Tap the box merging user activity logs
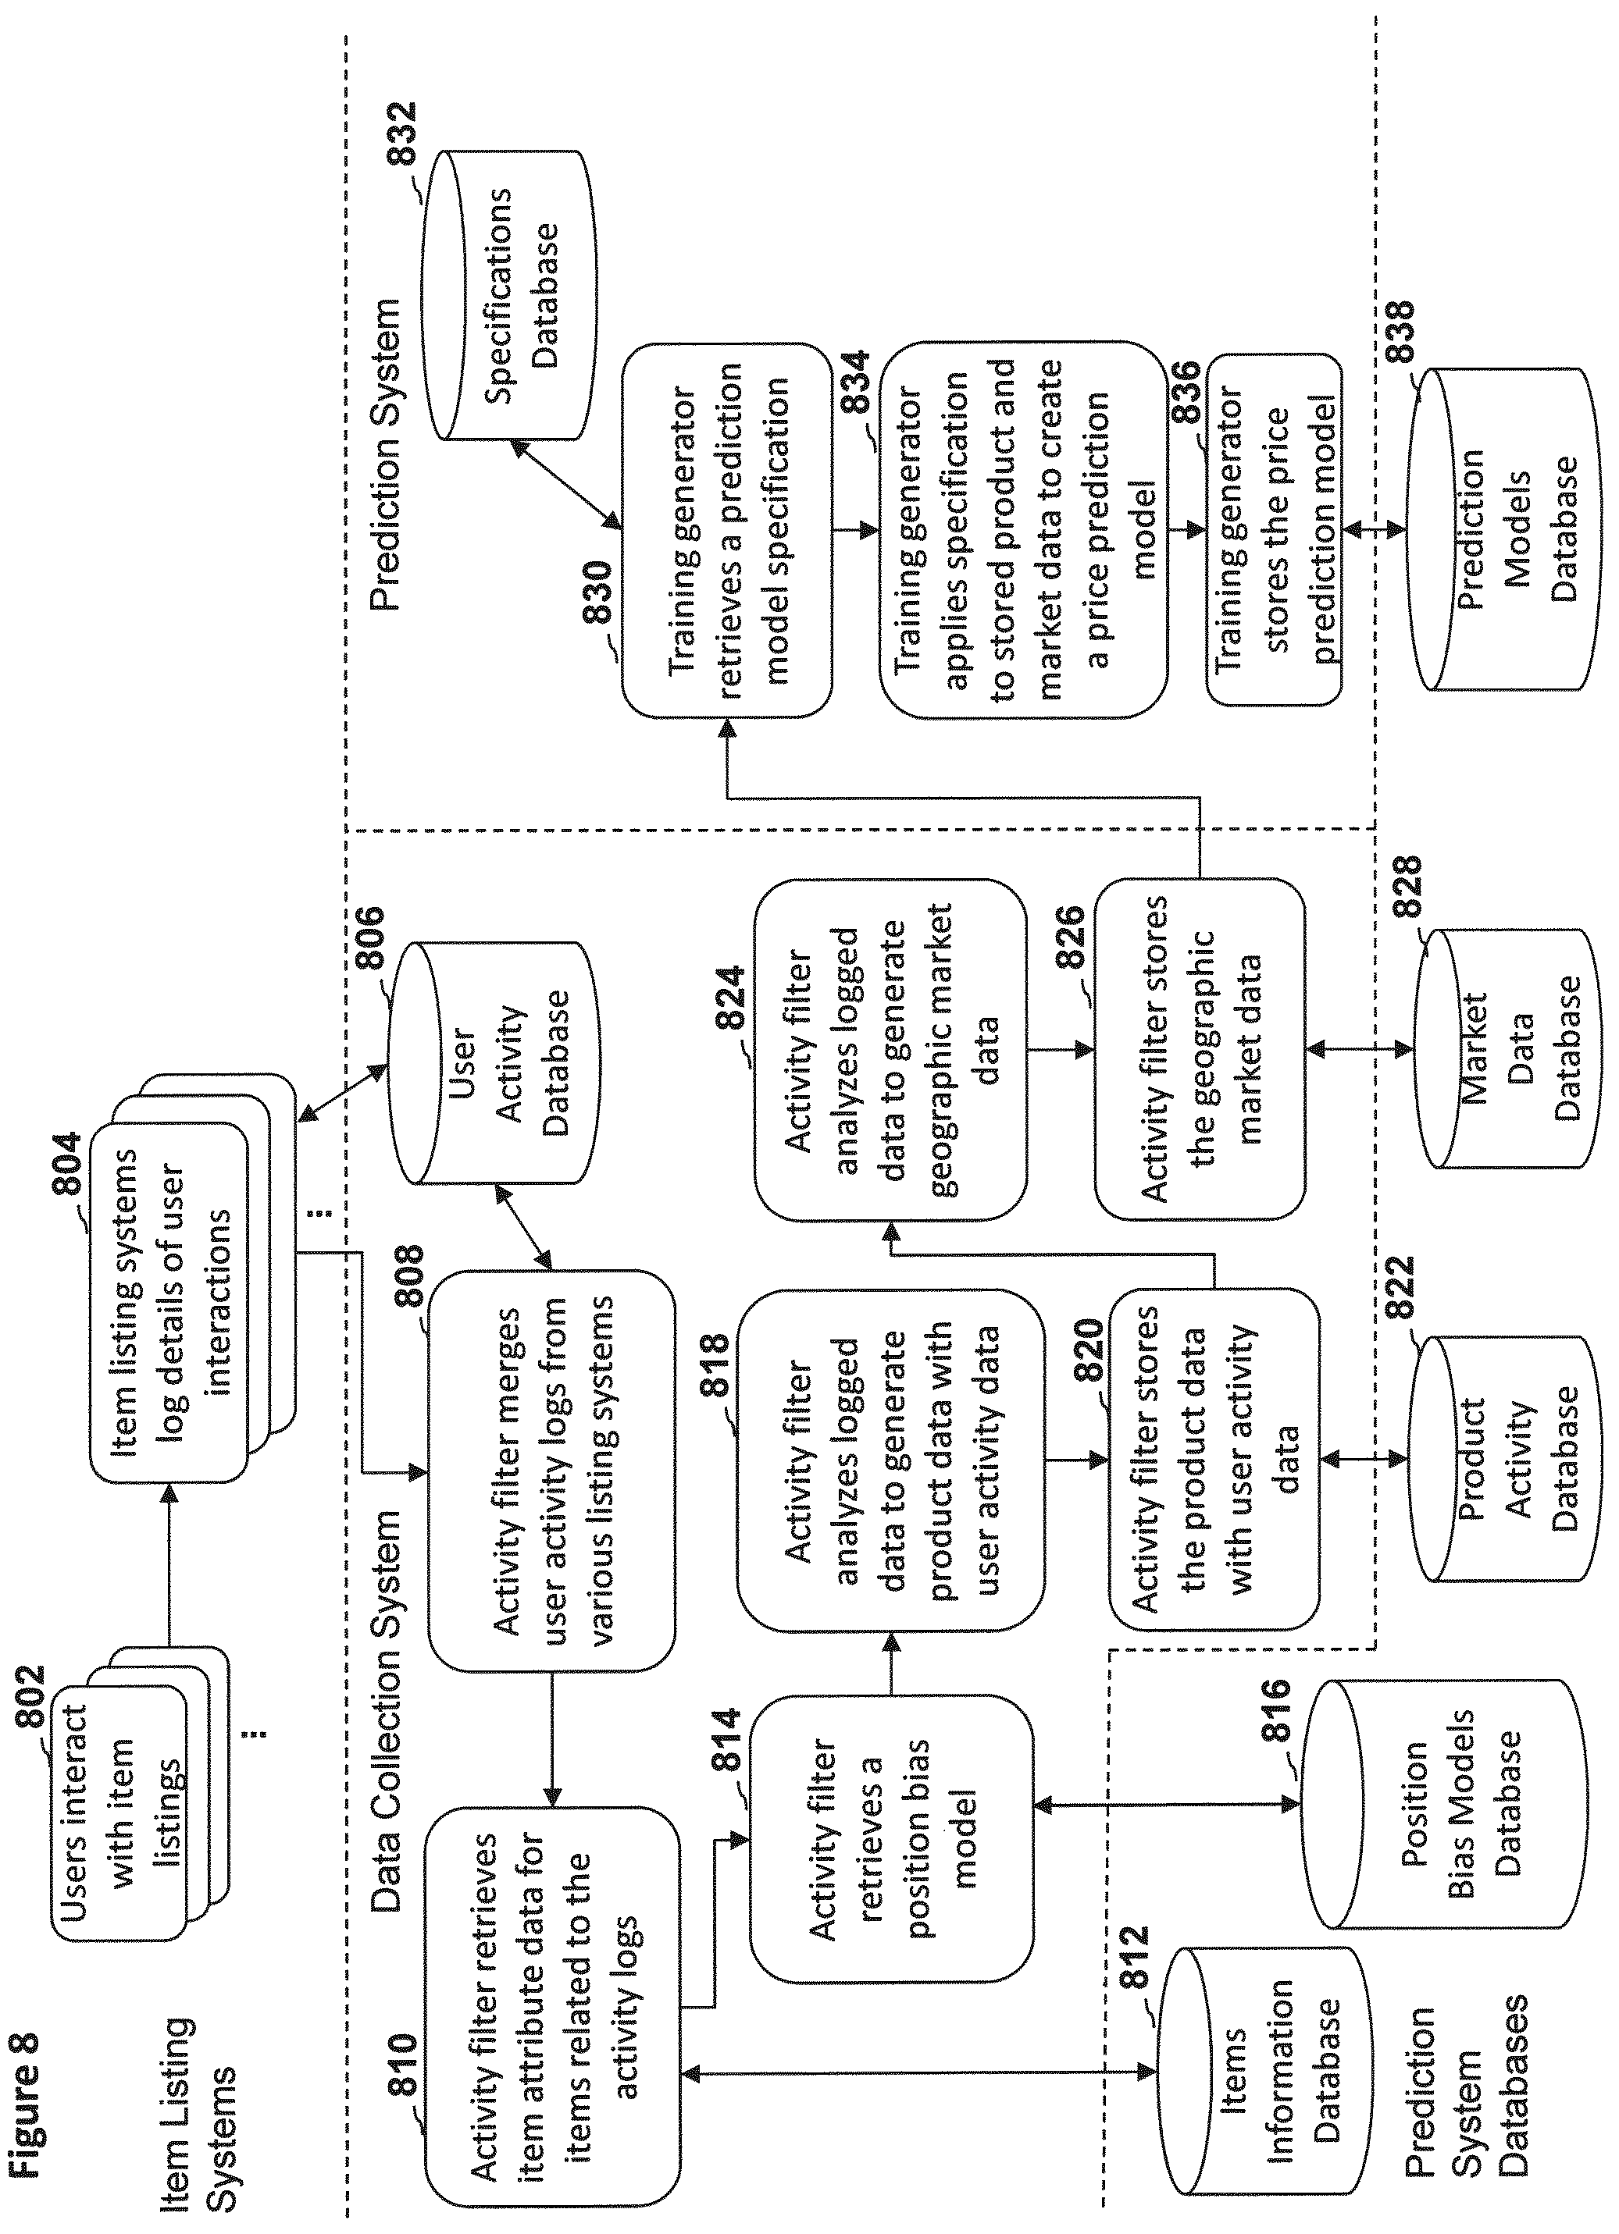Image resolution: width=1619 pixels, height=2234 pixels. [x=552, y=1485]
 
